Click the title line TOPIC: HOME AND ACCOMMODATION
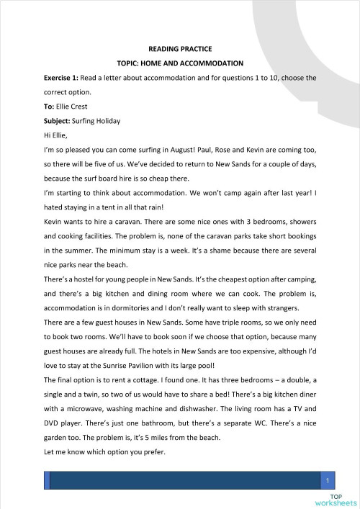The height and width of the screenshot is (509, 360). (180, 63)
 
